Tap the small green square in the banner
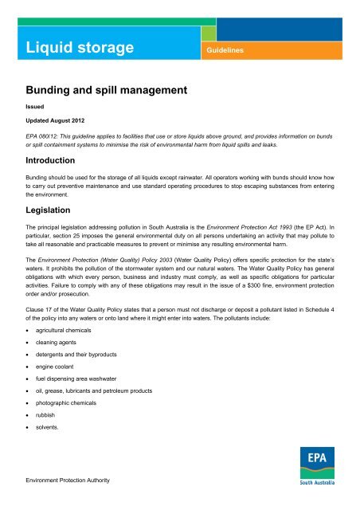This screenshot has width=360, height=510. pos(208,33)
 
